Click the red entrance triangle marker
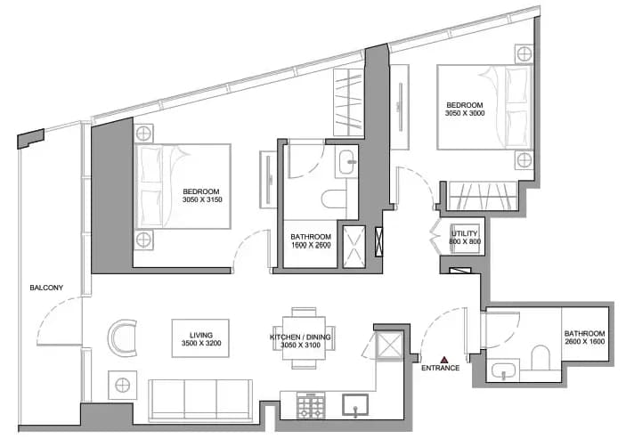444,360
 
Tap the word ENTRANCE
441,369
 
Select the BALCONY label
46,288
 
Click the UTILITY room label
464,233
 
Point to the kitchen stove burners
311,405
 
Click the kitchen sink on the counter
355,405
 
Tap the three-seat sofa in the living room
200,401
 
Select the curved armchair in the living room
122,338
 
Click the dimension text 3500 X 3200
201,343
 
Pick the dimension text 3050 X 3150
202,199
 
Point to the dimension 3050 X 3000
465,113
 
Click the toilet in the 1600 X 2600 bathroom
334,199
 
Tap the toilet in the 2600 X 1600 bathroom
541,358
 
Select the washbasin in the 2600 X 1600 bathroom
504,371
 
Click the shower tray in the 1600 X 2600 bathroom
354,247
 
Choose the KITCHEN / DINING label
300,337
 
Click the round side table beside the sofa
123,386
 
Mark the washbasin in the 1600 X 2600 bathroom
347,162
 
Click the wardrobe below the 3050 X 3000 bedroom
483,196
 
